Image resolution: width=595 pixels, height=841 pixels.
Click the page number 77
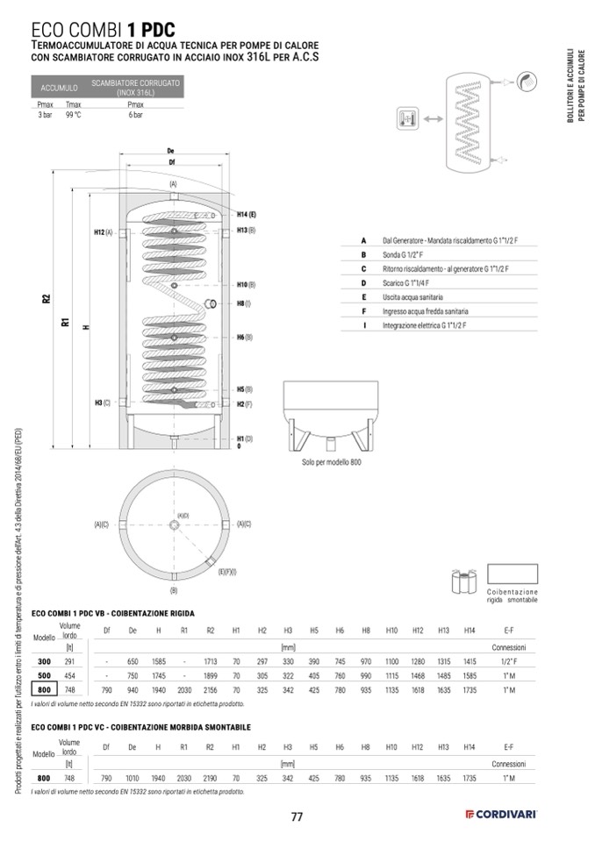click(297, 817)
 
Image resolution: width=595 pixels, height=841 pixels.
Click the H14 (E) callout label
click(246, 215)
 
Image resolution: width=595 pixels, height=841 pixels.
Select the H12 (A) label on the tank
click(103, 232)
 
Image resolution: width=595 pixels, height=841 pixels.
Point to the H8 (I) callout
click(243, 303)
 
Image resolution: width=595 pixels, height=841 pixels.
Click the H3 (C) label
click(102, 403)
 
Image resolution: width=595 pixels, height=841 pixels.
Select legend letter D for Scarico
click(362, 283)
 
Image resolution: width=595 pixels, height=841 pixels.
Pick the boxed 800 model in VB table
click(43, 690)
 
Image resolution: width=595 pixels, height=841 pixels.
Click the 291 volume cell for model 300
click(69, 662)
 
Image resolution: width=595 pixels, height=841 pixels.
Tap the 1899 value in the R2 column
click(210, 676)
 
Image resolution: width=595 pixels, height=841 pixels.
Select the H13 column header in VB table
click(444, 631)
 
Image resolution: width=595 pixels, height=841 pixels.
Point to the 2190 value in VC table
click(210, 778)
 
